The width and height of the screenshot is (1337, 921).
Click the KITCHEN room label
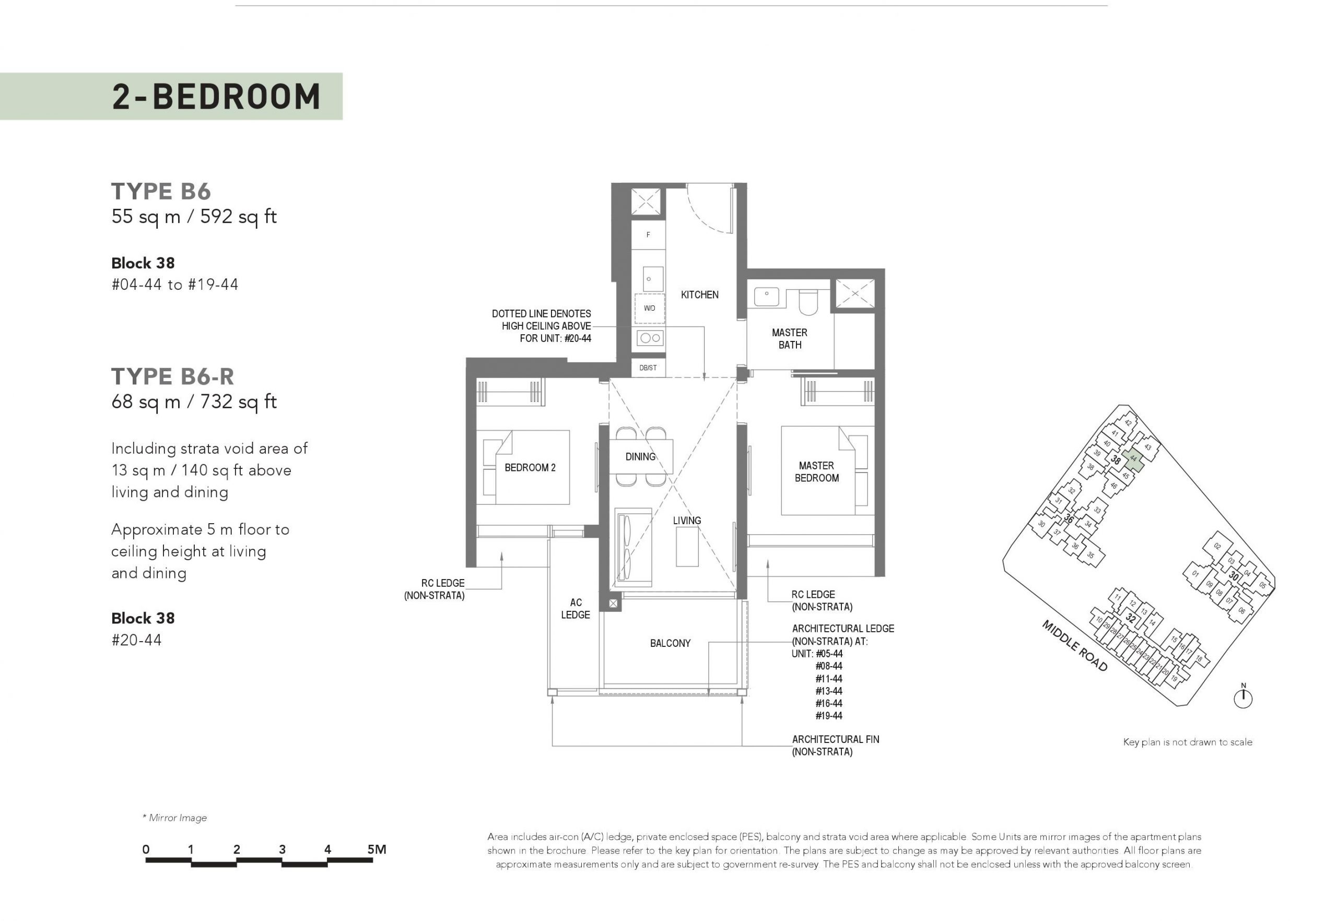click(699, 295)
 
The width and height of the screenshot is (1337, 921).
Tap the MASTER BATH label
click(789, 339)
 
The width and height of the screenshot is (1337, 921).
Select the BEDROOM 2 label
click(530, 467)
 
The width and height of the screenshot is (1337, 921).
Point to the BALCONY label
click(670, 643)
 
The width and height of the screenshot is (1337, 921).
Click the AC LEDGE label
click(576, 608)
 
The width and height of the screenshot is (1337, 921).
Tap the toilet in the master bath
click(807, 301)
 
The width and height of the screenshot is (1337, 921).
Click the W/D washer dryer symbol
click(650, 308)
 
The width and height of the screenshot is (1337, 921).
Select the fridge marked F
click(648, 235)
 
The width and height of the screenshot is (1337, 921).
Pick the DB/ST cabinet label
click(648, 368)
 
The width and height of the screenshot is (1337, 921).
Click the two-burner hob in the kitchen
click(650, 338)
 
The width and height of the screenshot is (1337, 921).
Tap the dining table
click(641, 456)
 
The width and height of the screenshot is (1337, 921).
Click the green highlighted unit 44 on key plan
click(1133, 459)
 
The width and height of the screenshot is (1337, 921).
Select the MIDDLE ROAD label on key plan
click(1075, 646)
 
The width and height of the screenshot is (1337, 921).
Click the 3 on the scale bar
click(283, 849)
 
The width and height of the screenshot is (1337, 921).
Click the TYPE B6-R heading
click(173, 376)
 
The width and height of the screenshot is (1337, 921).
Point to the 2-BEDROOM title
click(217, 97)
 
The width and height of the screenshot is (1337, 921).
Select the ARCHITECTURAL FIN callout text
click(835, 746)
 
